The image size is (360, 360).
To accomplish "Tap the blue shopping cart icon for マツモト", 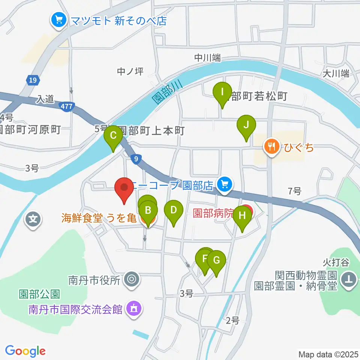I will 59,19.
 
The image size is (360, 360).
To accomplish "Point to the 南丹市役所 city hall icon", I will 132,279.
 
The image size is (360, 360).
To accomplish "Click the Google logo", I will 25,351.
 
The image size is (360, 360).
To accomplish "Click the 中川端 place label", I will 207,58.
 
